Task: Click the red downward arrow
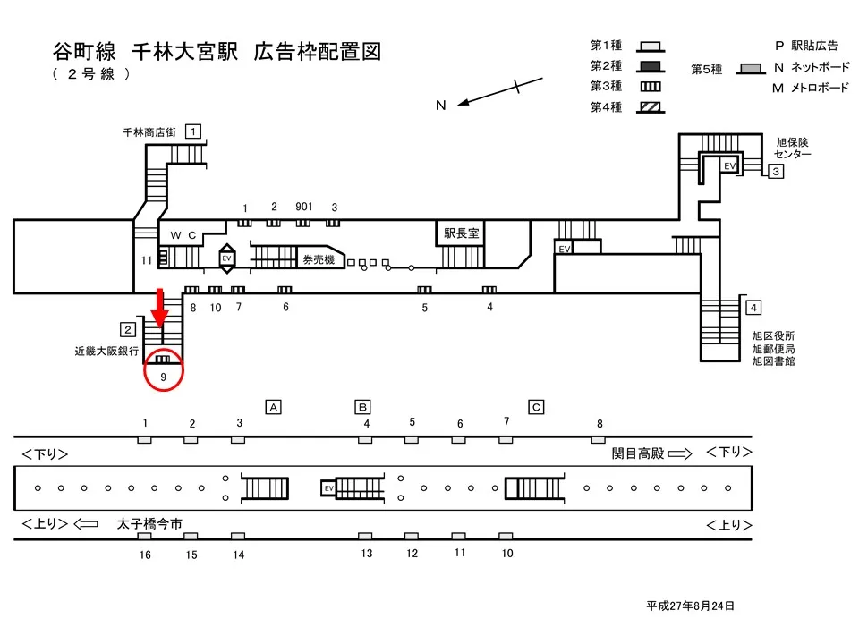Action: click(x=160, y=307)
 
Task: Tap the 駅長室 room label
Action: click(x=462, y=233)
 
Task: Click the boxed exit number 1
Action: click(x=192, y=131)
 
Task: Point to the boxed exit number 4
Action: click(x=753, y=308)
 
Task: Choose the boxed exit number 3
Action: click(x=777, y=171)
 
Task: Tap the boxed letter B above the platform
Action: click(x=363, y=407)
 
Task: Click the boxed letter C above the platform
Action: click(x=536, y=407)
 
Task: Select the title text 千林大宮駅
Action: click(x=185, y=52)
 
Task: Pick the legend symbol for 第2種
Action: click(x=651, y=65)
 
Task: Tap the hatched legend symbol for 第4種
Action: click(x=651, y=107)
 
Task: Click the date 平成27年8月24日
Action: click(x=690, y=606)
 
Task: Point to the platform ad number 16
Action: click(x=145, y=555)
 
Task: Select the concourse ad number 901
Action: click(x=303, y=208)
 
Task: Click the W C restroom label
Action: click(x=183, y=234)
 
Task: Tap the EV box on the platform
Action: click(x=328, y=488)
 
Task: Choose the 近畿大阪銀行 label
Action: click(x=106, y=352)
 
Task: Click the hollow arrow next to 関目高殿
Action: click(x=680, y=453)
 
